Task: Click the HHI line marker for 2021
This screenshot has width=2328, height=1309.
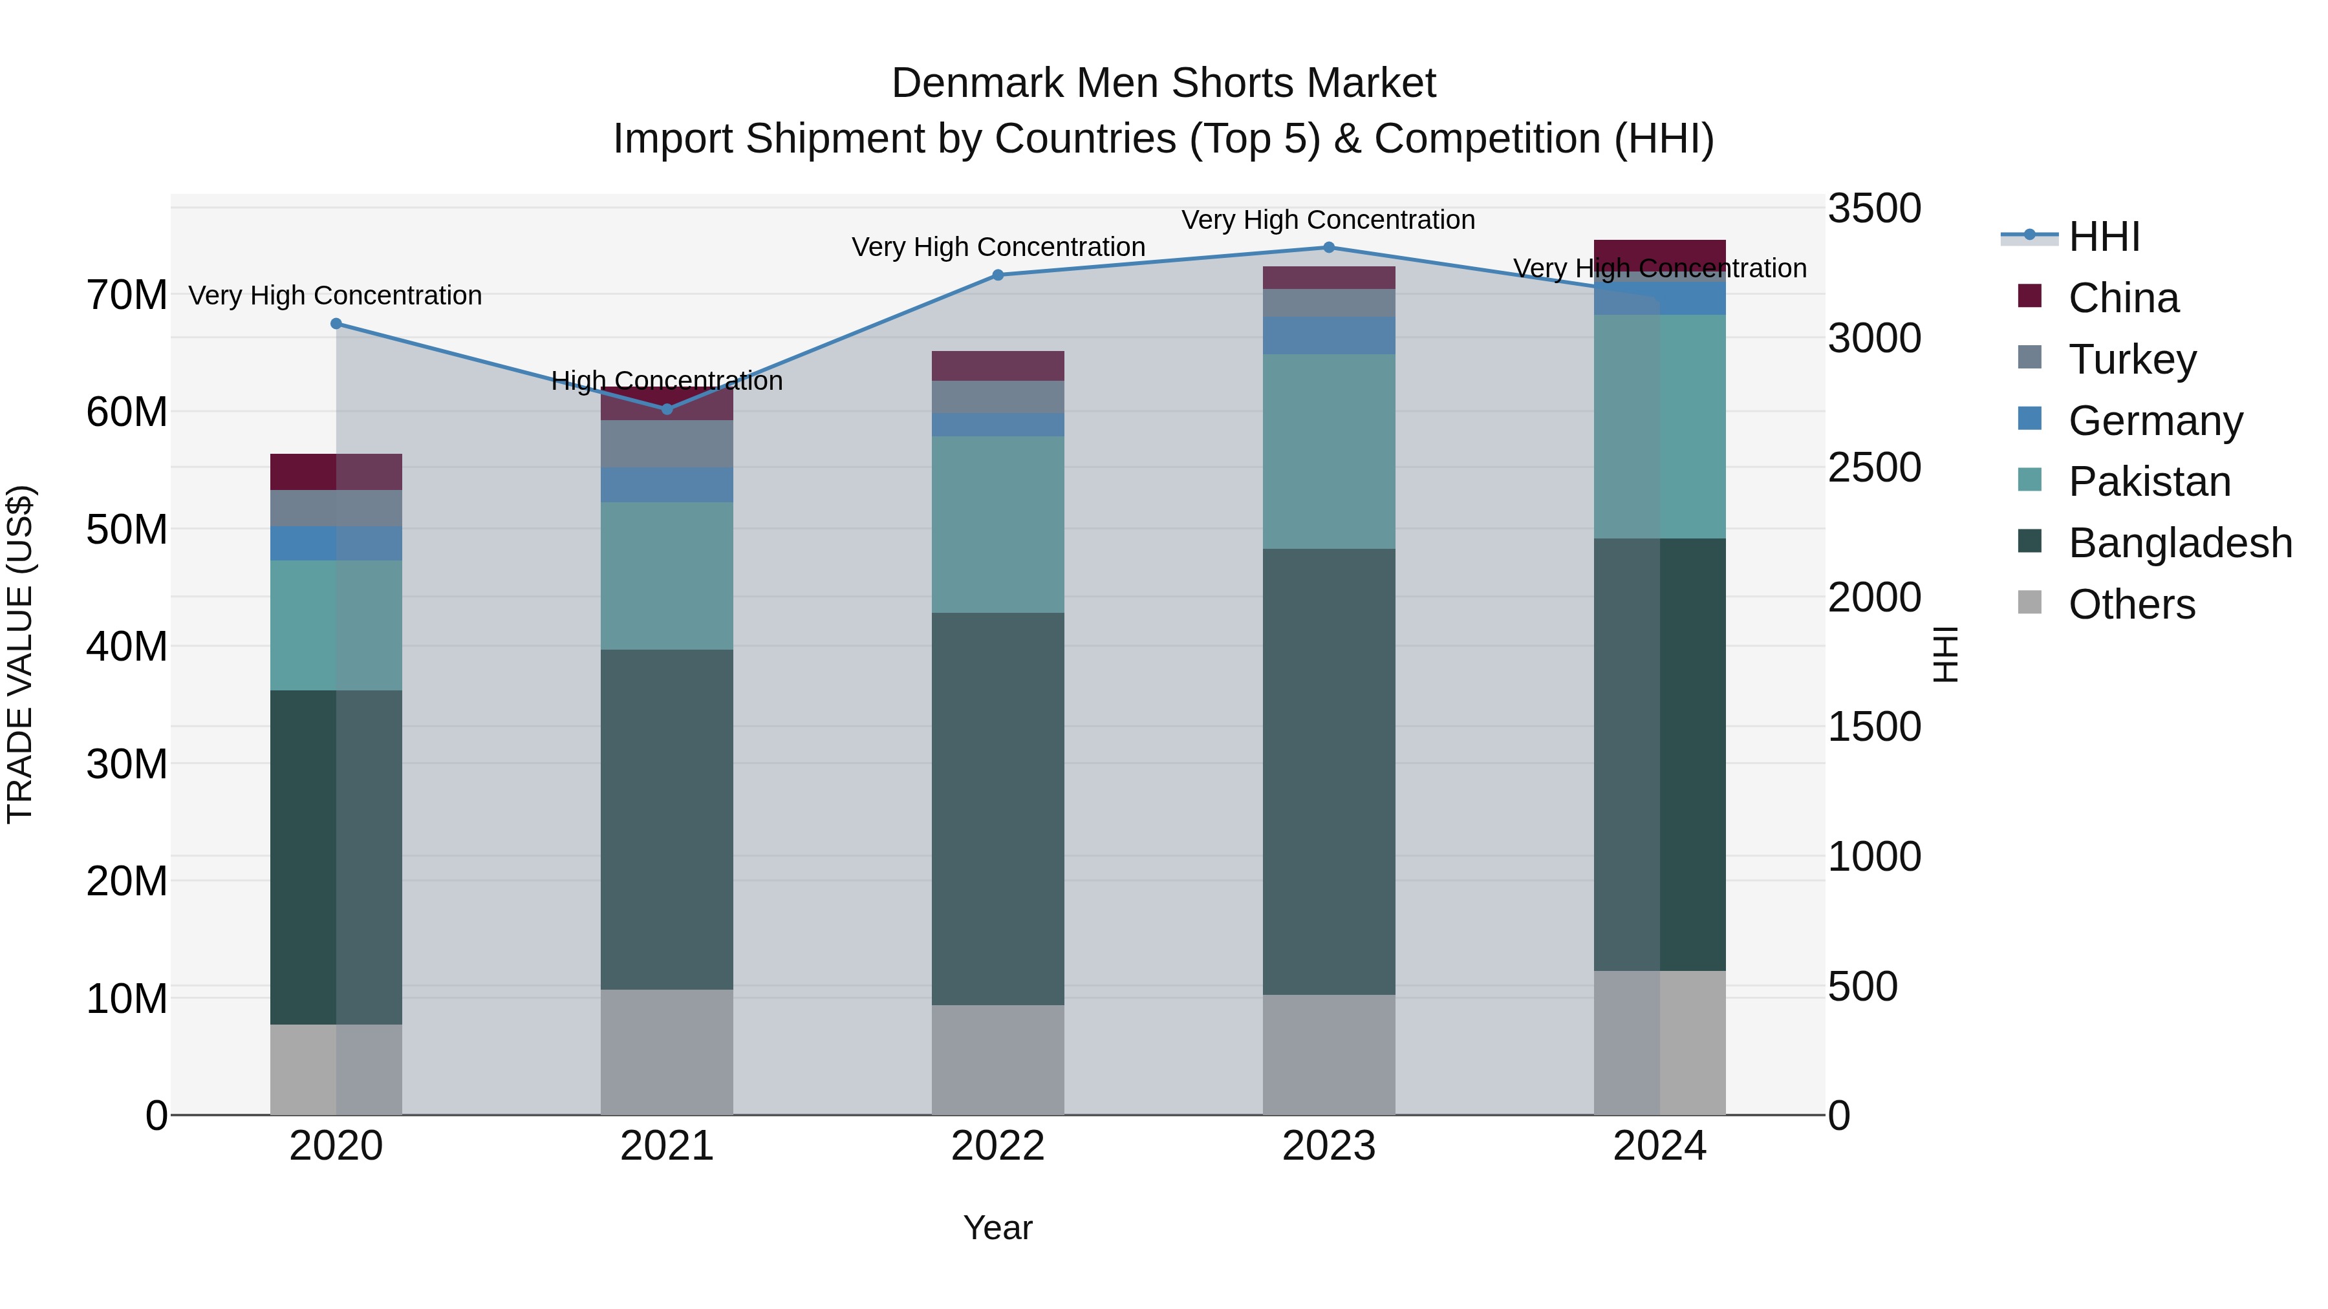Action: click(667, 409)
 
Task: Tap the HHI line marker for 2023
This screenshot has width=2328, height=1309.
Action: click(1328, 248)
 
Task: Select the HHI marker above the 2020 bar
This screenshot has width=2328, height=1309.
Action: click(336, 323)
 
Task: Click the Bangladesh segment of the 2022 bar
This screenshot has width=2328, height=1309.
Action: click(998, 809)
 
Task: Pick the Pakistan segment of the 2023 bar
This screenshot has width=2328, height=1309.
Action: click(1328, 452)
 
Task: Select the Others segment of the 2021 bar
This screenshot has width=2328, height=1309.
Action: click(667, 1052)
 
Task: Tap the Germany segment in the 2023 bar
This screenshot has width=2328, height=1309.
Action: click(1328, 335)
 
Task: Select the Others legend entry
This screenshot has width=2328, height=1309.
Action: click(2131, 604)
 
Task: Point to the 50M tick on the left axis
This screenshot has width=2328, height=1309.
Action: click(127, 529)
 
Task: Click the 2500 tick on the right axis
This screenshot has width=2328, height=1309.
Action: click(1874, 468)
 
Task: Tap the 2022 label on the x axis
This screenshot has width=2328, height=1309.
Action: click(998, 1146)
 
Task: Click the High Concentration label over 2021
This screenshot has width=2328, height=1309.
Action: click(667, 381)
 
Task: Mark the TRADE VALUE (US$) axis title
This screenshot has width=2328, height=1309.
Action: click(20, 654)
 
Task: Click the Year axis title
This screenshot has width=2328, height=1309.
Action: click(998, 1228)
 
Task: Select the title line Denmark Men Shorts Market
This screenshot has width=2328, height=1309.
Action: click(1163, 83)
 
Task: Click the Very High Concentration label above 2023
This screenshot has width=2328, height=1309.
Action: click(1328, 220)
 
